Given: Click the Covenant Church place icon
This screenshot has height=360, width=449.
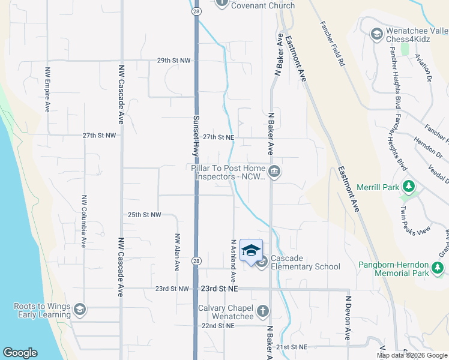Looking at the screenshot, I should tap(222, 2).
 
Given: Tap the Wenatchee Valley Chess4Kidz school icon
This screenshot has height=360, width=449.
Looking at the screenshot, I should tap(377, 34).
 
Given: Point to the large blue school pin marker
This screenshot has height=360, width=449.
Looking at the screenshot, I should tap(251, 251).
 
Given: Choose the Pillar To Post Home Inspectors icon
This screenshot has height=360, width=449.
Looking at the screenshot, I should tap(274, 173).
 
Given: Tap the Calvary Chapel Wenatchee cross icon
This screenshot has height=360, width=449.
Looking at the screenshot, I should tap(262, 311).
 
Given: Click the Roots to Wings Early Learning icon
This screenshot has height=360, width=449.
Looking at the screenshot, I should tap(79, 310).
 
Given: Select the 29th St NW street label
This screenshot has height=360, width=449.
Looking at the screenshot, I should tap(173, 61).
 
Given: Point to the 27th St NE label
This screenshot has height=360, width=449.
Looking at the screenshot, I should tap(218, 137).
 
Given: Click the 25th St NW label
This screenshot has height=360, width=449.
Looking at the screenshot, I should tap(145, 214).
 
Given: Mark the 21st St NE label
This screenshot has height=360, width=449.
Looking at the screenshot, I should tap(292, 347).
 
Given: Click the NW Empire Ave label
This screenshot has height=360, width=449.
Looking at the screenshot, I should tap(47, 89).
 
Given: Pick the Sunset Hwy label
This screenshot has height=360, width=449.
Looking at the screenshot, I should tap(196, 135).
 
